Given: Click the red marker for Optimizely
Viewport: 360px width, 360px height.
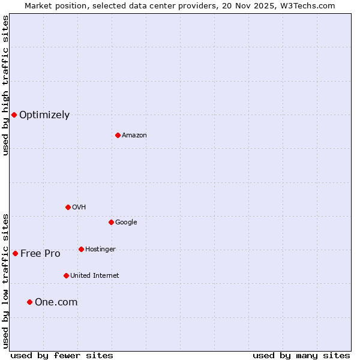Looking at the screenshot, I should [14, 115].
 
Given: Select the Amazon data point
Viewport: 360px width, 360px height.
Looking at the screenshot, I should [118, 135].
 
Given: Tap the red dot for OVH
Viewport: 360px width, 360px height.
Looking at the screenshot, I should [68, 207].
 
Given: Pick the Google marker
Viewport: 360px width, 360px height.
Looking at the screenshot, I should [111, 222].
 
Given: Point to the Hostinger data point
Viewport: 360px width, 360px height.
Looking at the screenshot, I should [81, 249].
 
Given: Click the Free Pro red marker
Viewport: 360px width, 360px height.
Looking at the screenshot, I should [15, 253].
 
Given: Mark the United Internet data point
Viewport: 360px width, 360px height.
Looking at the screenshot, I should [66, 275].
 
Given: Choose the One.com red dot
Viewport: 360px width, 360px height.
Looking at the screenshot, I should [29, 302].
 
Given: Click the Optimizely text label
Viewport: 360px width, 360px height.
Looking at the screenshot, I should [44, 115].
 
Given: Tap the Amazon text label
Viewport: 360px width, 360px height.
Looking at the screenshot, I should [134, 136].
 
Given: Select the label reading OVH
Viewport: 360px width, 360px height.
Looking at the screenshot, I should [79, 208].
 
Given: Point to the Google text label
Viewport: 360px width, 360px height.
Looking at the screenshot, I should [126, 223].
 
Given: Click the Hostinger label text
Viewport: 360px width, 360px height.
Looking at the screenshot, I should [100, 250].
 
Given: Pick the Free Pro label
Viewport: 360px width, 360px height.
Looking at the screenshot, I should [40, 254].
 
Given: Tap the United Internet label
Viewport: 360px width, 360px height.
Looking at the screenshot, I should [95, 276].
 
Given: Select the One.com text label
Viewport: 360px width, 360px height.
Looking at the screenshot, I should [56, 302].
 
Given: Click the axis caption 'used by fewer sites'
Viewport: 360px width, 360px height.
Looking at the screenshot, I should [62, 355].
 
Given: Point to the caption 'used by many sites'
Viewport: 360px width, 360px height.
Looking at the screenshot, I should [301, 355].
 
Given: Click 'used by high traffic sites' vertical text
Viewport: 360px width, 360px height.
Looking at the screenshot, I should [5, 85].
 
